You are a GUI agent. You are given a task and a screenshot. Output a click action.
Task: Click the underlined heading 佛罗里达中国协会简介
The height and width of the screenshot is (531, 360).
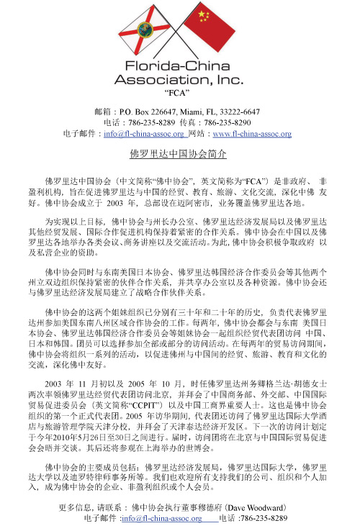click(x=178, y=154)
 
